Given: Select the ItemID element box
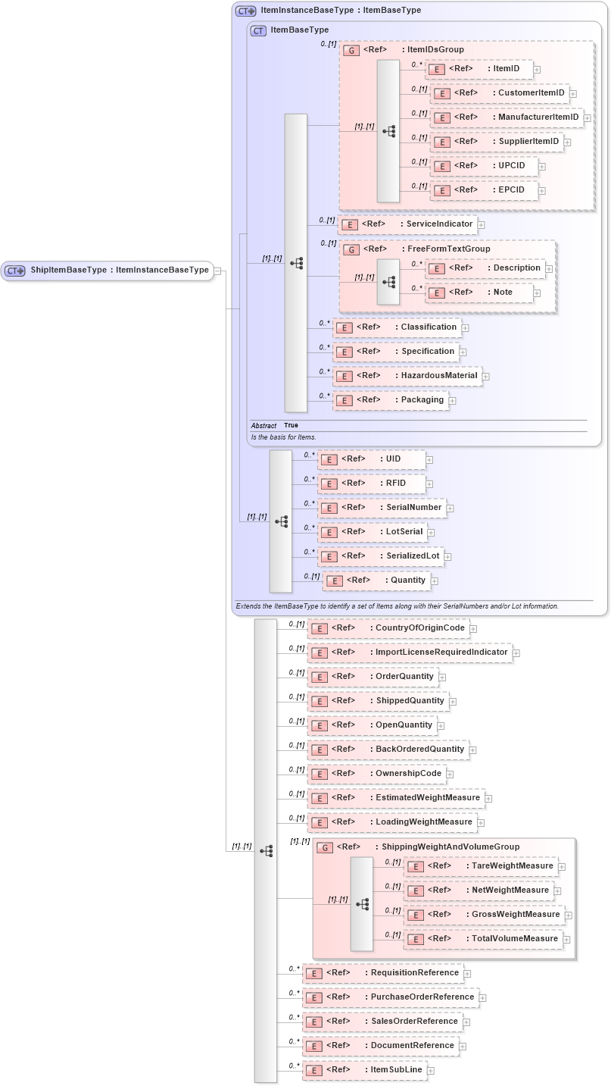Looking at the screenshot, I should [x=479, y=69].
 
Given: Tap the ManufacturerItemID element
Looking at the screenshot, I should [x=506, y=117].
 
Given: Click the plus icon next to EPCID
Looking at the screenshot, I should [x=542, y=191].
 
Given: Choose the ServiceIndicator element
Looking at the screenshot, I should [x=407, y=224].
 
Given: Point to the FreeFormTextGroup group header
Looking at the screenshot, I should [x=426, y=249].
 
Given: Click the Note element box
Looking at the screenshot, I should [x=479, y=293].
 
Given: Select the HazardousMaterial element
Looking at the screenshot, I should [x=407, y=376].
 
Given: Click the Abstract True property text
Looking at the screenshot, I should [x=275, y=426].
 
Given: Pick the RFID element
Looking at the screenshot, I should [x=371, y=484].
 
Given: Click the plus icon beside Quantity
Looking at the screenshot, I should [x=435, y=581].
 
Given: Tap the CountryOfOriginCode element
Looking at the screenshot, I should [x=388, y=628].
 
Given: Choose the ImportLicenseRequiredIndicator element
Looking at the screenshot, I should [x=409, y=653].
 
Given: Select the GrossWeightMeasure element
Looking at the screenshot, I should [x=484, y=915].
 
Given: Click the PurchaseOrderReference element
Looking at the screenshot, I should [x=390, y=997].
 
